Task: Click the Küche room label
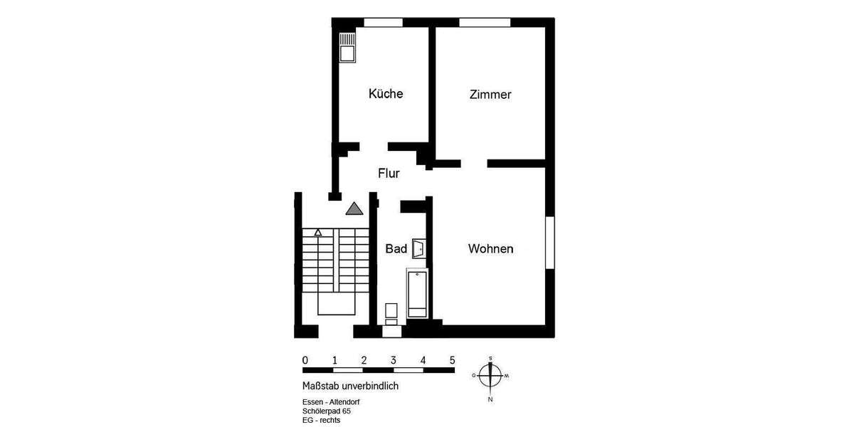386,94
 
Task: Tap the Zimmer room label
490,95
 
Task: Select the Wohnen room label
490,249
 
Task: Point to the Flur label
389,173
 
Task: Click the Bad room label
396,248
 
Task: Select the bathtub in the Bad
417,293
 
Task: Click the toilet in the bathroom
391,313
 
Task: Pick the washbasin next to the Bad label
418,248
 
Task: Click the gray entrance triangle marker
354,209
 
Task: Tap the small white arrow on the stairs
318,232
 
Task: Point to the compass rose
490,375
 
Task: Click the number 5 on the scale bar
452,360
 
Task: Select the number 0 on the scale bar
305,360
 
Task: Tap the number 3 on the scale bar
394,360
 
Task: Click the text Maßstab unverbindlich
350,386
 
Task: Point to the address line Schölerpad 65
327,411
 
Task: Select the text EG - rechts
322,420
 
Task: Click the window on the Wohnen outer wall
549,243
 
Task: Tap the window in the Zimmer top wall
485,22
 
